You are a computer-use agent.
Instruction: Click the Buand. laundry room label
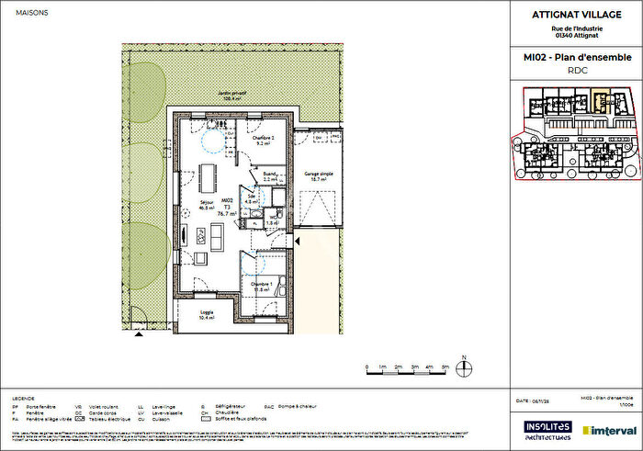pos(270,176)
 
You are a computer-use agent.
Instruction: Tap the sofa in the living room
pos(217,237)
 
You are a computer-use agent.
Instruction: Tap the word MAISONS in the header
pos(22,11)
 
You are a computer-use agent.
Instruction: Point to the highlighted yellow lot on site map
pos(599,98)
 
